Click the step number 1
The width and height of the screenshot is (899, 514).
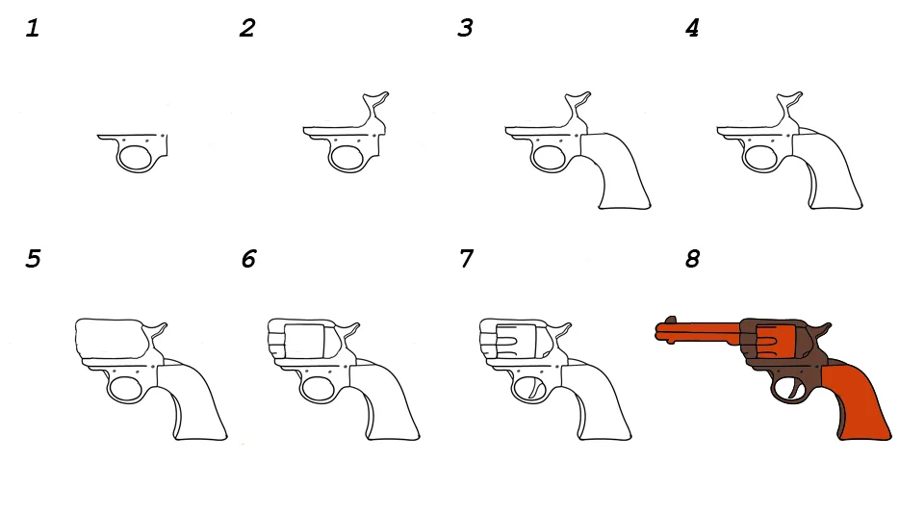[x=33, y=28]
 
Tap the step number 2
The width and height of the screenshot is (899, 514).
[x=247, y=28]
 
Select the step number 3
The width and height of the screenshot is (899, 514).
[x=465, y=28]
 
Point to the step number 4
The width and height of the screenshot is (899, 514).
[x=692, y=28]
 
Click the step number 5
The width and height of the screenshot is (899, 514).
[x=34, y=259]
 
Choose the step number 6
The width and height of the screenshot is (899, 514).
[x=249, y=259]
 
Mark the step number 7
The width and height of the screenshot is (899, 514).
[x=467, y=259]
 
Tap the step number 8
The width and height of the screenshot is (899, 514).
[x=693, y=259]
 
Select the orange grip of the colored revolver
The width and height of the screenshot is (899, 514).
[x=855, y=401]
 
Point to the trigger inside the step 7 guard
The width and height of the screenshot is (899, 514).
[x=535, y=390]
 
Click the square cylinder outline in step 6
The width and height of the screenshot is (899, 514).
[x=304, y=342]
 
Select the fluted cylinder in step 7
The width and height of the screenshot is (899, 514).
[x=516, y=342]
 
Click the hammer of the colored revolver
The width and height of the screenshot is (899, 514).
[x=823, y=330]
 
